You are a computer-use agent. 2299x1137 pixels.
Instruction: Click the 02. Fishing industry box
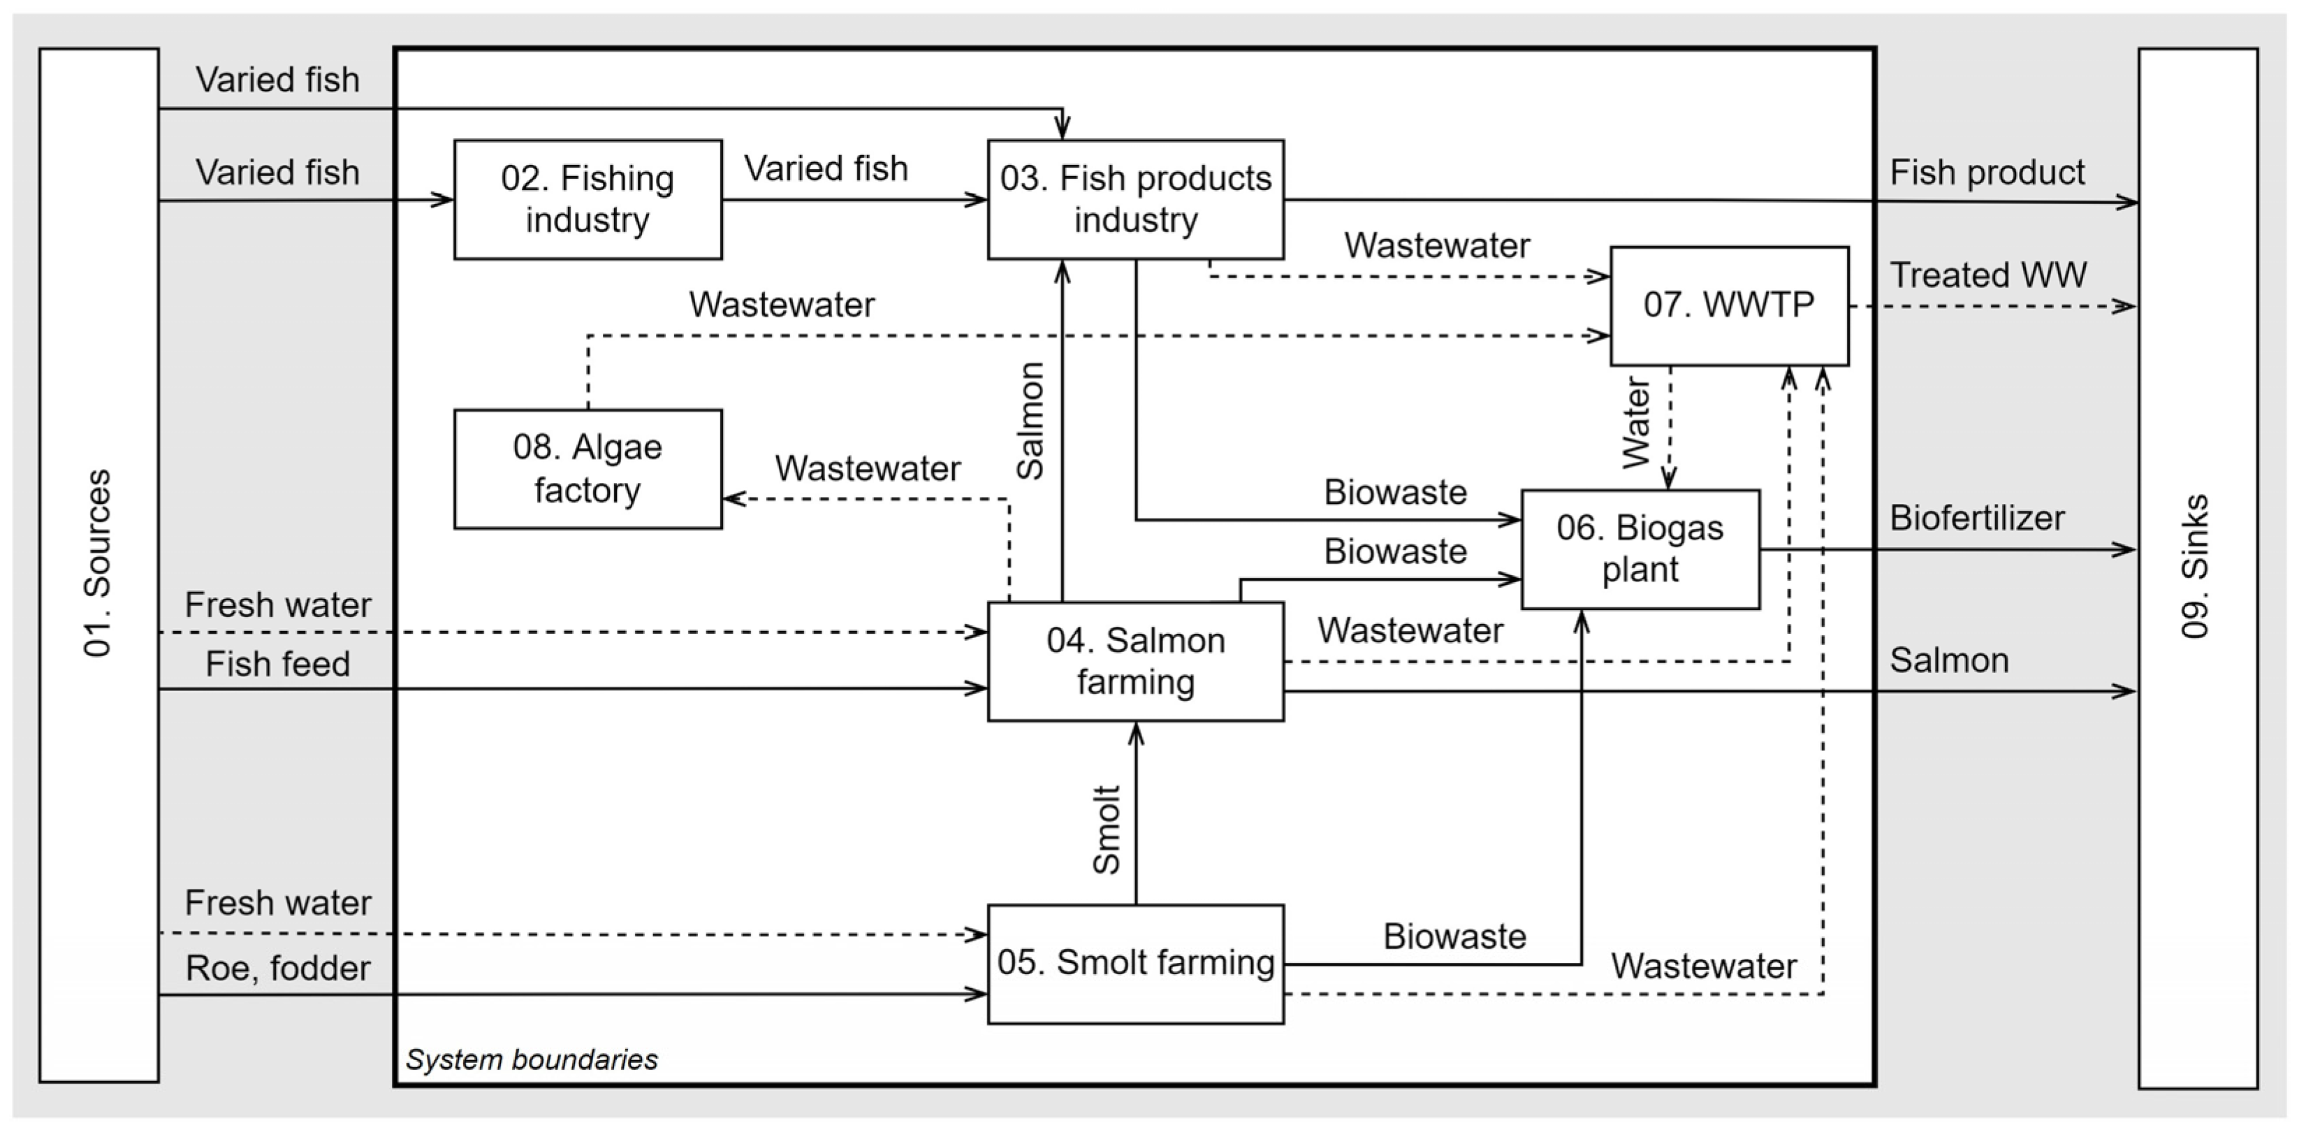coord(587,199)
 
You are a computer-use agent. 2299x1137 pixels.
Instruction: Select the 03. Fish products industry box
coord(1135,199)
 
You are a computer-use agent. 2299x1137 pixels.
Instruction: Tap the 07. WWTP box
coord(1729,305)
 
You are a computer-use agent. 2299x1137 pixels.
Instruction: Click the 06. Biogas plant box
coord(1640,549)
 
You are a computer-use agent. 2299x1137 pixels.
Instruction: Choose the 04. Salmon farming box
coord(1135,661)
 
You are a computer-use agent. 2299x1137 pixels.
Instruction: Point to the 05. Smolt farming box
coord(1135,963)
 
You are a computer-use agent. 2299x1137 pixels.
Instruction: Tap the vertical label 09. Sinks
coord(2195,567)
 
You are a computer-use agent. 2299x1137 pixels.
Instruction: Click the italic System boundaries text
coord(531,1059)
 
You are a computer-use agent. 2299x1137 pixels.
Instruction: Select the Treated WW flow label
coord(1987,275)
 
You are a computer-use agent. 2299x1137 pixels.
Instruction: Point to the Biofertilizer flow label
coord(1977,518)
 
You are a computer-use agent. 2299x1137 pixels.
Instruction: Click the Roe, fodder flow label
coord(277,969)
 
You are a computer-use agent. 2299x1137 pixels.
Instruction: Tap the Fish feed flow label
coord(277,664)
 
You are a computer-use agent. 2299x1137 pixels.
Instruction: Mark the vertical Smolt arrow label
coord(1106,830)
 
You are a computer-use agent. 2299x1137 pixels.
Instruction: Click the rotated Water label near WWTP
coord(1636,423)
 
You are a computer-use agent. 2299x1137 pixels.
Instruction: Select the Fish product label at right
coord(1987,172)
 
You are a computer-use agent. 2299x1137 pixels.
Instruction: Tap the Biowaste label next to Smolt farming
coord(1454,936)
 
